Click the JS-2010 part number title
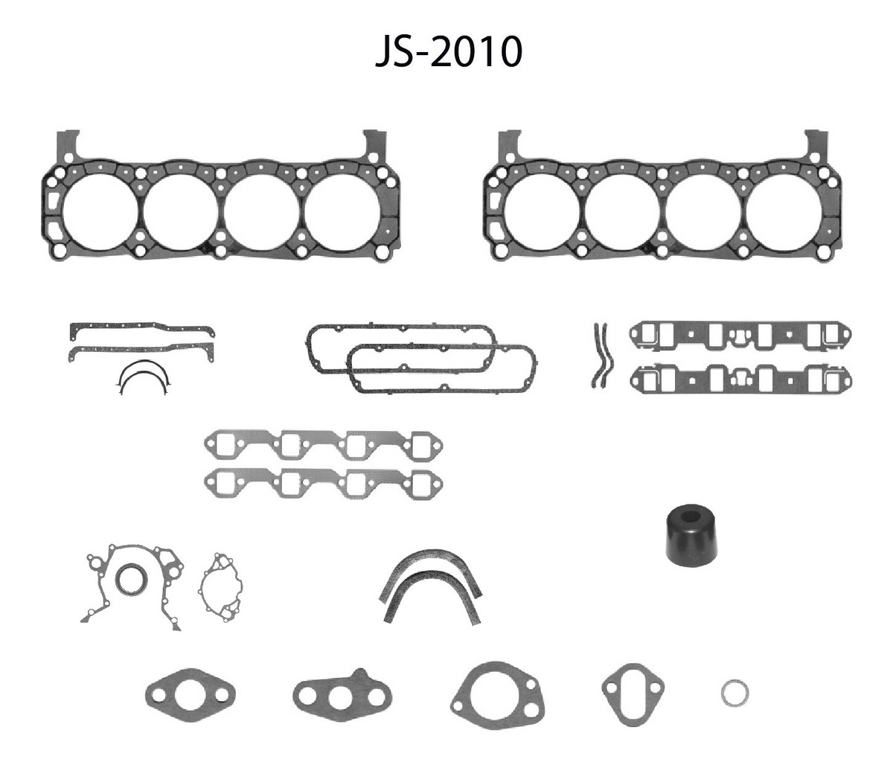point(449,52)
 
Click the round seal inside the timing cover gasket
point(131,579)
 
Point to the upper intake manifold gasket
point(740,335)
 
